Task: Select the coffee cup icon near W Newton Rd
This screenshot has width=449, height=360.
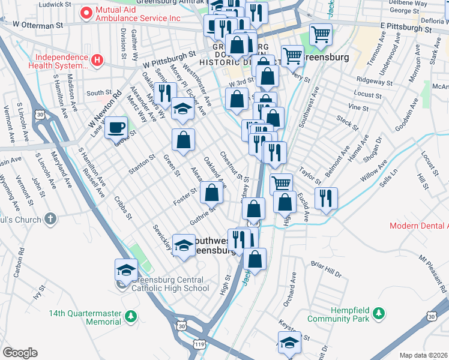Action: (x=116, y=127)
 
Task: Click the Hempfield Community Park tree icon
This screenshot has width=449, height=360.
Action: (x=378, y=313)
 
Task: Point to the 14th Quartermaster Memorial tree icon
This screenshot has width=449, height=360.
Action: (x=130, y=316)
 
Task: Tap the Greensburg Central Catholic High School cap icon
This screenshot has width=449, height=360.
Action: (x=127, y=269)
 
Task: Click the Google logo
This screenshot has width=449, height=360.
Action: (x=20, y=352)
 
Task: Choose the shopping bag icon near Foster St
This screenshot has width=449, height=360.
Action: (x=211, y=192)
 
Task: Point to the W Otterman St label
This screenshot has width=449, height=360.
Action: (x=38, y=26)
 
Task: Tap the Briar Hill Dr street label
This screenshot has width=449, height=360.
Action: (x=326, y=268)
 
